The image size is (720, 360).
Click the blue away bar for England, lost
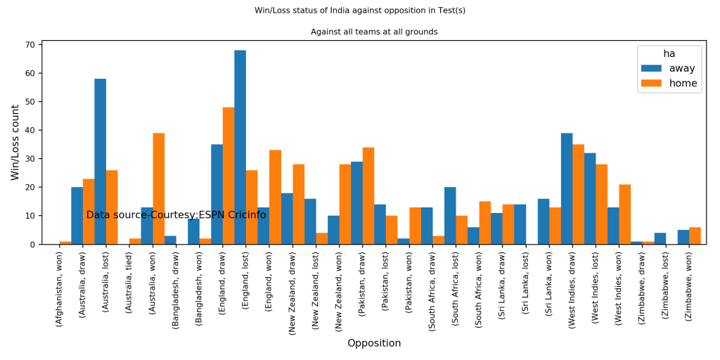tap(240, 148)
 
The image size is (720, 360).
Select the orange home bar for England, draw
tap(229, 176)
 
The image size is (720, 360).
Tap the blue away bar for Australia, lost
tap(101, 162)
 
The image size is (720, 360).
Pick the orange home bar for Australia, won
tap(159, 188)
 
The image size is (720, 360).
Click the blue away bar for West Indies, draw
tap(567, 188)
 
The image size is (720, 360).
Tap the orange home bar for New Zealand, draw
tap(299, 204)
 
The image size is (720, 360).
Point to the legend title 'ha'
tap(669, 53)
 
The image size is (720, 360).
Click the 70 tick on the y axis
tap(30, 45)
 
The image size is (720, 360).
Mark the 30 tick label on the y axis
tap(30, 159)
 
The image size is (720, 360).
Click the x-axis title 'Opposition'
tap(374, 343)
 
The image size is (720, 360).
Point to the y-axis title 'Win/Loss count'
tap(15, 142)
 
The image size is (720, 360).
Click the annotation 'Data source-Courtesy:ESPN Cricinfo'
tap(176, 215)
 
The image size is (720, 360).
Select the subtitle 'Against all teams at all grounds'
tap(374, 32)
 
